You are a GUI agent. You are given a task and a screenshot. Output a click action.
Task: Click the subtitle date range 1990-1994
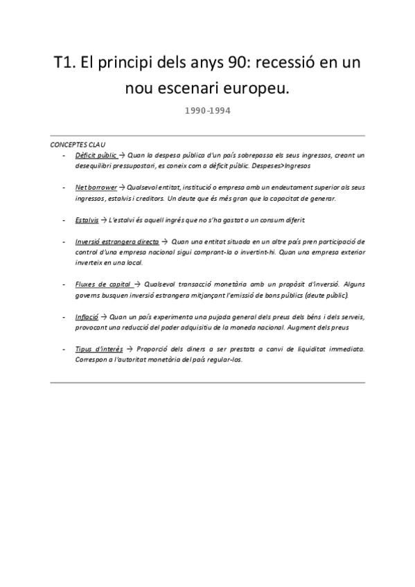tap(208, 109)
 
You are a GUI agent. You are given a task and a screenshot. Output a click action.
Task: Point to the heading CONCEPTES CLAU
tap(78, 145)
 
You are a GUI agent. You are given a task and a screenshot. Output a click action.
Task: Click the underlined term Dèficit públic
tap(96, 156)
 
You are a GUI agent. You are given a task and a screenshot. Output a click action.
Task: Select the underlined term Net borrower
tap(96, 188)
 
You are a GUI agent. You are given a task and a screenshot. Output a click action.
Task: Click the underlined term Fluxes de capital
tap(103, 285)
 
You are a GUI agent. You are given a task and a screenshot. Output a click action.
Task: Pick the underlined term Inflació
tap(87, 316)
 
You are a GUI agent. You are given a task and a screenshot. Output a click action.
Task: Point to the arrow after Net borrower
tap(122, 188)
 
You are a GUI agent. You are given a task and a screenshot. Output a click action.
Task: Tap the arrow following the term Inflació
tap(103, 316)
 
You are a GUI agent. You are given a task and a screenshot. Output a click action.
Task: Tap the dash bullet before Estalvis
tap(63, 220)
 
